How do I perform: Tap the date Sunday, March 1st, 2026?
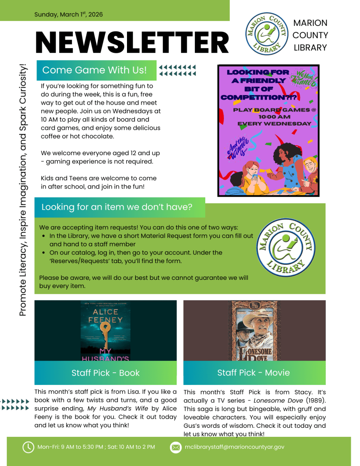coord(69,14)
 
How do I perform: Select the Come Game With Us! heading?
coord(95,70)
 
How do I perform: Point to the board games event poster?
coord(268,131)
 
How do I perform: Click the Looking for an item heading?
coord(117,207)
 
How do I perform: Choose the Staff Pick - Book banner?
coord(106,373)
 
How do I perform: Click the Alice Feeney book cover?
coord(106,330)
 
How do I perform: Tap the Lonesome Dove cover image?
coord(254,330)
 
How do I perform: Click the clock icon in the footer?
coord(28,447)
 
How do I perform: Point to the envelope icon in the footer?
coord(176,447)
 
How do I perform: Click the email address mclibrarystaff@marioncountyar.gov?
coord(234,447)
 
